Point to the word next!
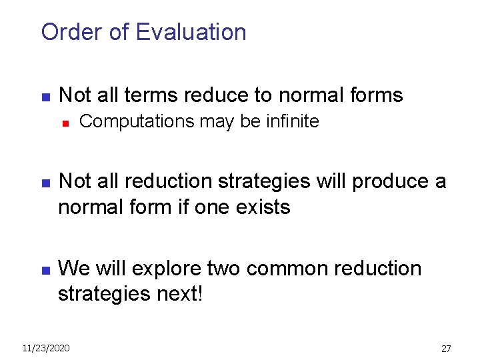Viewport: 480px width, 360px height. tap(175, 294)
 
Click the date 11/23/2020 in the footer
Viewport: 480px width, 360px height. tap(45, 348)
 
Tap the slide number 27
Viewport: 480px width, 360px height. tap(446, 349)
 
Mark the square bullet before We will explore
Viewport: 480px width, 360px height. tap(45, 270)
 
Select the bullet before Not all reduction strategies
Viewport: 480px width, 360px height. tap(45, 183)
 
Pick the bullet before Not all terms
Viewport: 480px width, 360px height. tap(45, 97)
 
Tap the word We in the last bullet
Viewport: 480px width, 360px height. tap(75, 269)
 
